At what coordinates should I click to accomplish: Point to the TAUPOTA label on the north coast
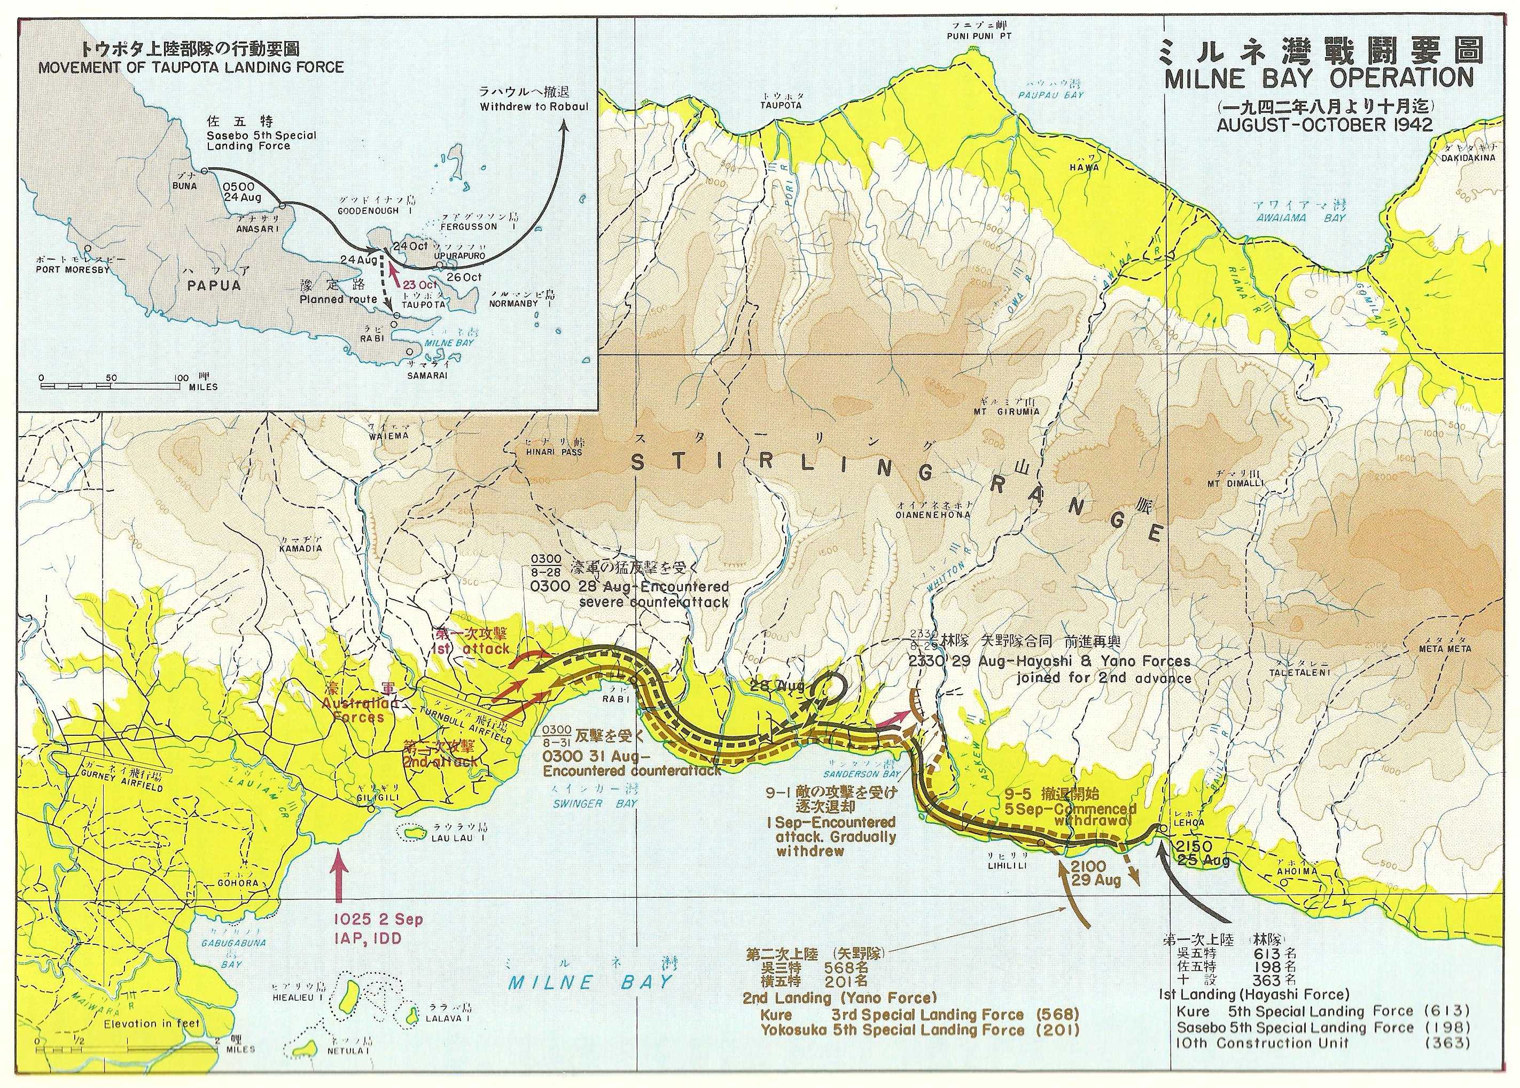pos(781,105)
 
